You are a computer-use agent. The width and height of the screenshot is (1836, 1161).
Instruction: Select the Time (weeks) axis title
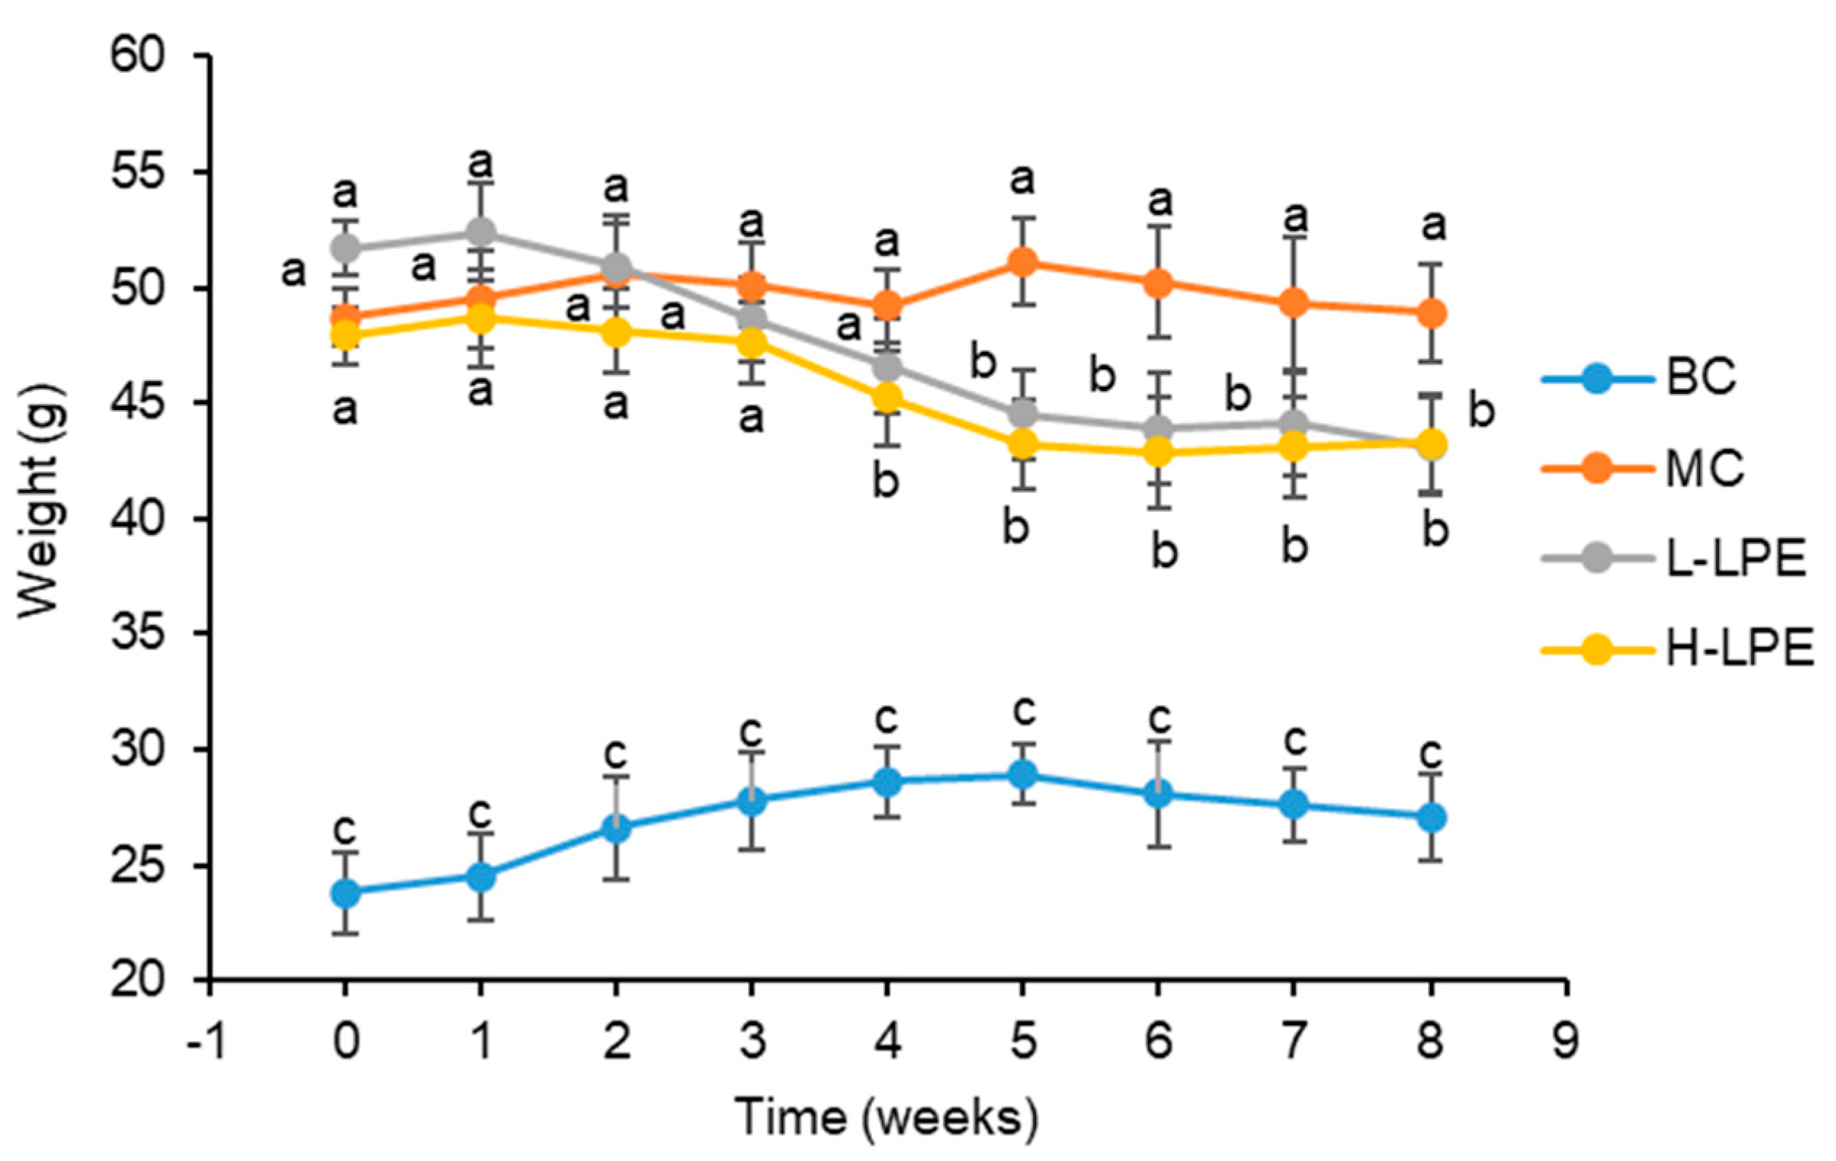click(886, 1117)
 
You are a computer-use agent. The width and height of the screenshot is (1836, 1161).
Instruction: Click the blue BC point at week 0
click(345, 893)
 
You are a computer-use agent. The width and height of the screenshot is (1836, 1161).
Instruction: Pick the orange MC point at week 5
click(1022, 262)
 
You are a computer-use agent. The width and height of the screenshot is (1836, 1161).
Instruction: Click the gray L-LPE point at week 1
click(481, 231)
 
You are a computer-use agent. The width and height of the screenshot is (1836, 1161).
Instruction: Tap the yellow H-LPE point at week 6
click(1158, 451)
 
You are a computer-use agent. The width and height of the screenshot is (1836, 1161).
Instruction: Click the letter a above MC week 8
click(1433, 226)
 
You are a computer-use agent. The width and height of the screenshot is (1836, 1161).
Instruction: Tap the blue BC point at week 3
click(752, 801)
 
